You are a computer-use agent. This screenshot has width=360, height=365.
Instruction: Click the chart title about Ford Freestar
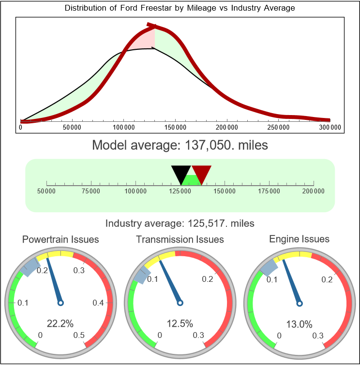tap(180, 8)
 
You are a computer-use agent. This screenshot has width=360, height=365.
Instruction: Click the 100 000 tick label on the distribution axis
tap(123, 128)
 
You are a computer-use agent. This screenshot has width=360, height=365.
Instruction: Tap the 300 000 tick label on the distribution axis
tap(330, 128)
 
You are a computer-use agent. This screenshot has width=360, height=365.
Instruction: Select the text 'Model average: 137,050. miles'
tap(180, 145)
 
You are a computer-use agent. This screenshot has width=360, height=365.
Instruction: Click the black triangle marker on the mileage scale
tap(181, 173)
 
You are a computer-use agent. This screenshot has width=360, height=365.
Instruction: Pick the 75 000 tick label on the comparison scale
tap(91, 191)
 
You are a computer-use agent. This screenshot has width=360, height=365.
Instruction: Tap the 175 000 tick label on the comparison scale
tap(269, 191)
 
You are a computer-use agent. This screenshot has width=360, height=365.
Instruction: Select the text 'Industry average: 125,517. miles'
tap(180, 223)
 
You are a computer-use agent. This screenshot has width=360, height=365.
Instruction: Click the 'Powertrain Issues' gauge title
tap(61, 239)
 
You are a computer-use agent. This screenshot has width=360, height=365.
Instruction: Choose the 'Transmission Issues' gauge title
tap(180, 239)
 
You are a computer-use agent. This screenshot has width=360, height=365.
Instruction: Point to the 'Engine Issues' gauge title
tap(299, 239)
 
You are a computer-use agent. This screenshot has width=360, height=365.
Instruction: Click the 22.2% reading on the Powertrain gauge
tap(60, 323)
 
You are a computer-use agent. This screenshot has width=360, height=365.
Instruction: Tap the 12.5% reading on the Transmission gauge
tap(180, 323)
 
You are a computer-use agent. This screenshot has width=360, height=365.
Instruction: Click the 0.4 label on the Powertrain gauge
tap(99, 303)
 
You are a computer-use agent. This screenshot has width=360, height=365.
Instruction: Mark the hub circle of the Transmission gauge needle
tap(180, 303)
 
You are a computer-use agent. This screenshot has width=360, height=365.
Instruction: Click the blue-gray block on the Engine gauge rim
tap(268, 266)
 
